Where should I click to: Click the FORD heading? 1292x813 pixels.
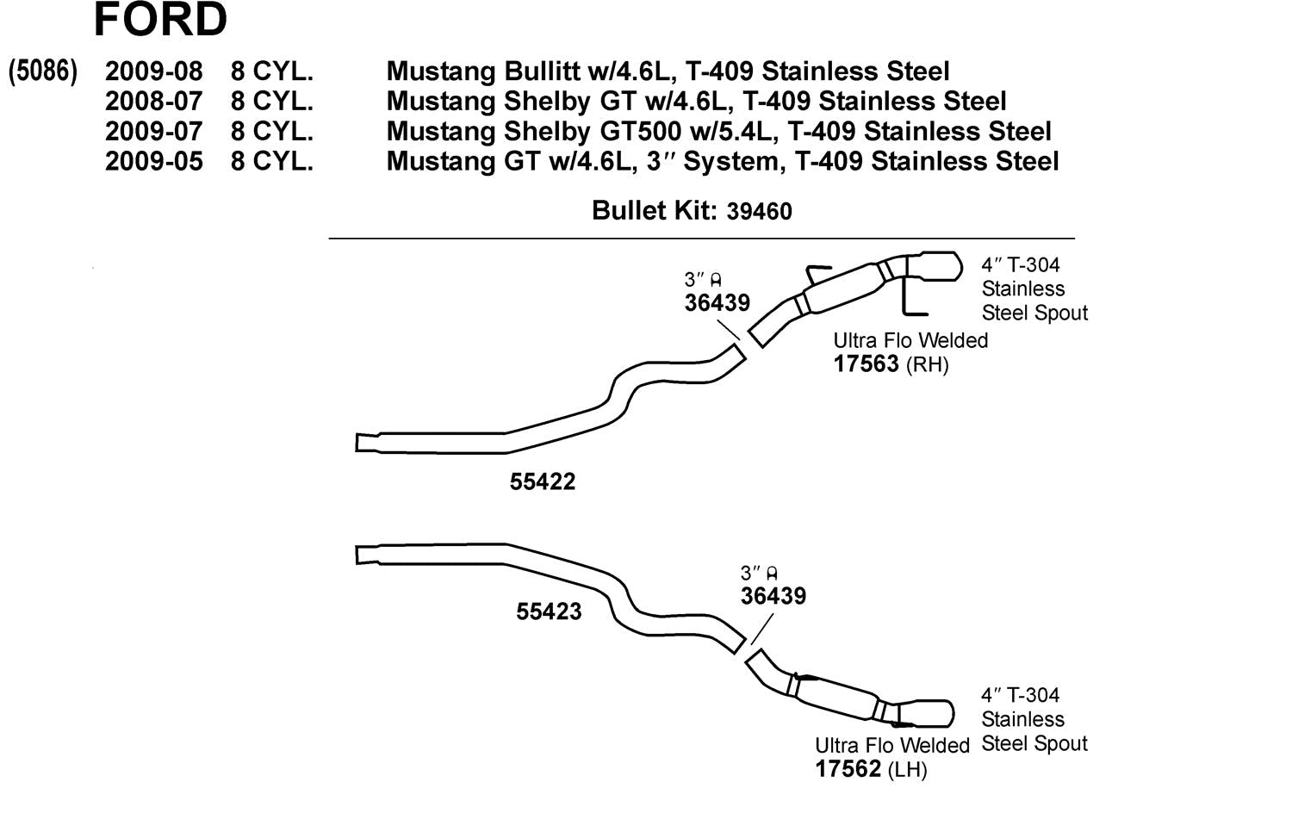tap(160, 19)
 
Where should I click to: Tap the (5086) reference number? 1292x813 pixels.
tap(43, 71)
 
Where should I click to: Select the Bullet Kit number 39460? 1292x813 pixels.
tap(759, 211)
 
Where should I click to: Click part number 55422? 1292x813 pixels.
tap(542, 482)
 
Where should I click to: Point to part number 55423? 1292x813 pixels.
tap(549, 611)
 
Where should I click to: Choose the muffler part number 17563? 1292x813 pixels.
tap(866, 364)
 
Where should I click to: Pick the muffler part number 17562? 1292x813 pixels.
tap(848, 768)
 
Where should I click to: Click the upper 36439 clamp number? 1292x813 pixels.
tap(717, 303)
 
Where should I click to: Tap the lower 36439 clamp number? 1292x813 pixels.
tap(773, 596)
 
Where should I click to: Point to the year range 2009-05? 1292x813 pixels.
tap(153, 161)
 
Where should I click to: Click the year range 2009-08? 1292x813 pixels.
tap(153, 71)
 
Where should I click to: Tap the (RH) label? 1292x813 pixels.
tap(928, 365)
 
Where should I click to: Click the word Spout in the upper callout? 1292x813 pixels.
tap(1060, 313)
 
